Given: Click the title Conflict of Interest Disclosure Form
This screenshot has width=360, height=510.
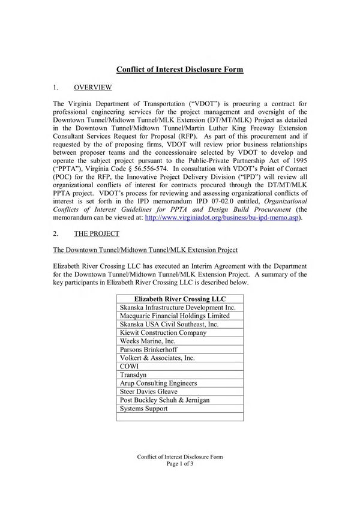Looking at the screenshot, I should coord(179,70).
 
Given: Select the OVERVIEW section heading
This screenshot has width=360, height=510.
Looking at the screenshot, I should coord(92,88).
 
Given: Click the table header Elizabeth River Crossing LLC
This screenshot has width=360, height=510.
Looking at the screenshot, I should coord(180,298).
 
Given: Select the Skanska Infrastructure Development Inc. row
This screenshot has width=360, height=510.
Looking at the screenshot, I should coord(180,307).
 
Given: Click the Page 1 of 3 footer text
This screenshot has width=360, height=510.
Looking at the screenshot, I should coord(180,464).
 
